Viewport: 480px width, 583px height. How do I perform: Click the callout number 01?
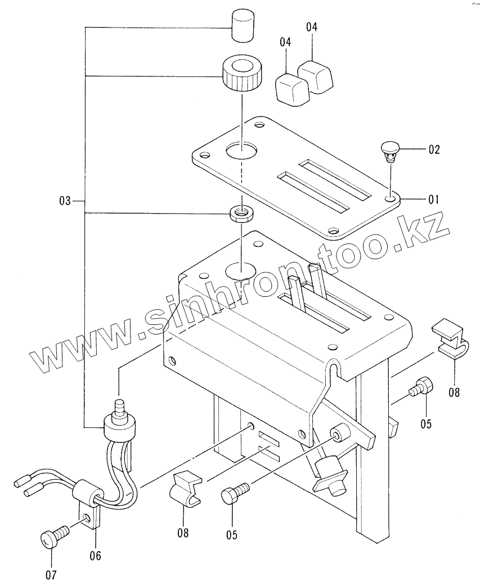click(x=433, y=199)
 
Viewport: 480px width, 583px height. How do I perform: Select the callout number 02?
click(x=433, y=150)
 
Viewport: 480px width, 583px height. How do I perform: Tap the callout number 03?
click(x=65, y=200)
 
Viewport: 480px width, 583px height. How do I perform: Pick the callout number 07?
click(x=51, y=575)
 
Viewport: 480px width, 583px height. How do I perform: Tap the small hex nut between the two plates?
click(x=241, y=214)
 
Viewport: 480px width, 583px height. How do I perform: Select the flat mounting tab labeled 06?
click(x=88, y=515)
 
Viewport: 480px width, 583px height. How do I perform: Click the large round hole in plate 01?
click(x=242, y=150)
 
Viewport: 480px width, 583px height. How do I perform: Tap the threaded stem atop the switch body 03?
click(x=119, y=406)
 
